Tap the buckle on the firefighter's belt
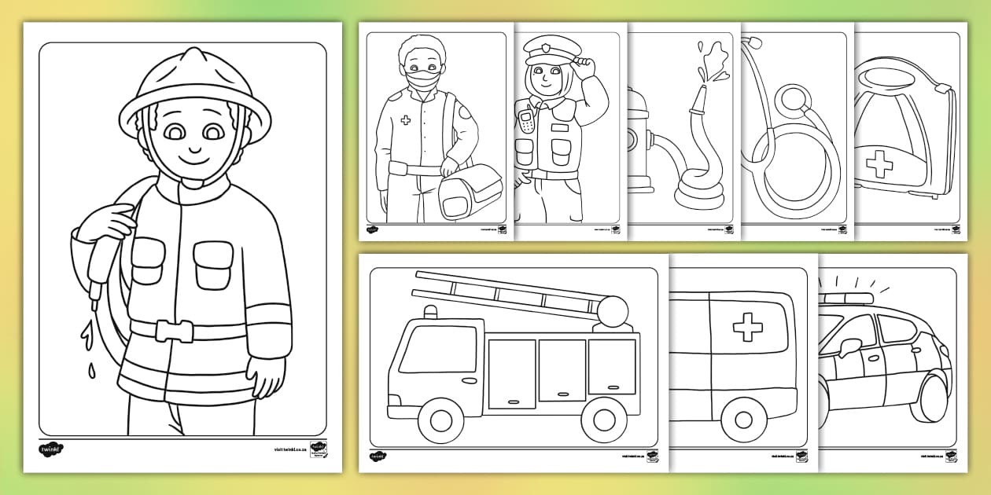(174, 330)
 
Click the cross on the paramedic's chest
(406, 121)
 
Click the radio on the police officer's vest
(525, 123)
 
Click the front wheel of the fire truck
(441, 420)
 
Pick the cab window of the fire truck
(438, 348)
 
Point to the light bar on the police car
(846, 299)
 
